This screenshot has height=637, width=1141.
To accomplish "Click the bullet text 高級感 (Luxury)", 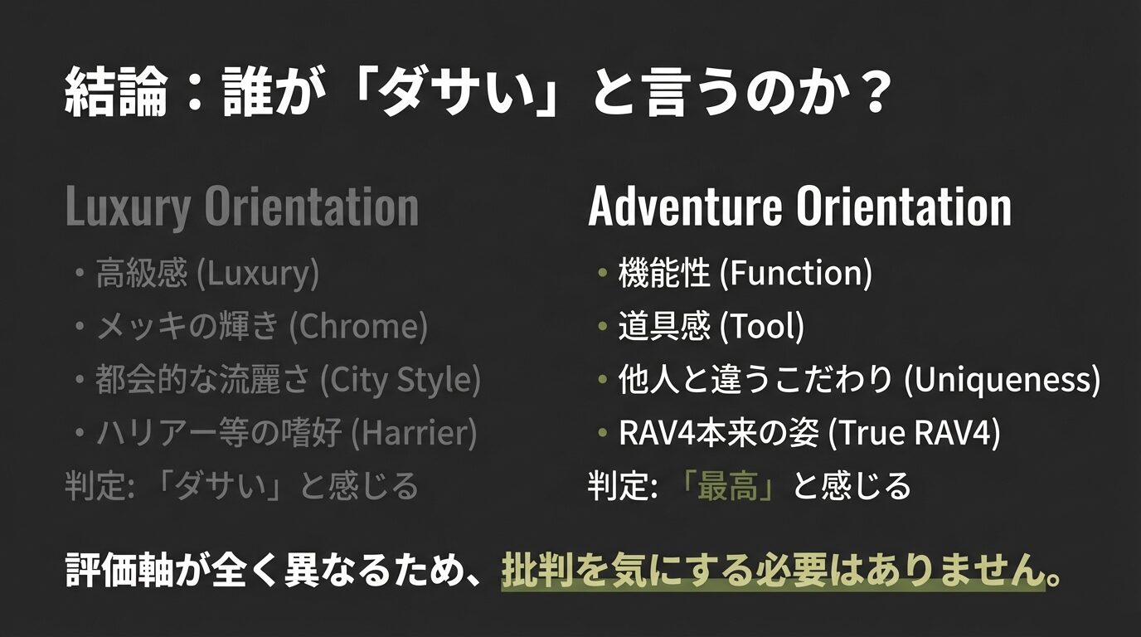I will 207,274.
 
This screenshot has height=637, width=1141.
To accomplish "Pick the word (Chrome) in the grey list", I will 358,327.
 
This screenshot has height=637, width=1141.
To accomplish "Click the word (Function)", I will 795,274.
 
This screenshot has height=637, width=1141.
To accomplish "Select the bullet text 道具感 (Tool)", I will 711,327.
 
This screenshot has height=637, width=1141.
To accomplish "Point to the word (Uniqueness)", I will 1002,380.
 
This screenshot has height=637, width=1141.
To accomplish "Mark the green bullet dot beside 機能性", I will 602,274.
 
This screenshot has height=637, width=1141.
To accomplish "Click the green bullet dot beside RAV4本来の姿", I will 602,432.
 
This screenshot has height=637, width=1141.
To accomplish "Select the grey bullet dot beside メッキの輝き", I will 80,327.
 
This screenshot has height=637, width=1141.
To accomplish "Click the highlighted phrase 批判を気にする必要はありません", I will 772,572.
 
